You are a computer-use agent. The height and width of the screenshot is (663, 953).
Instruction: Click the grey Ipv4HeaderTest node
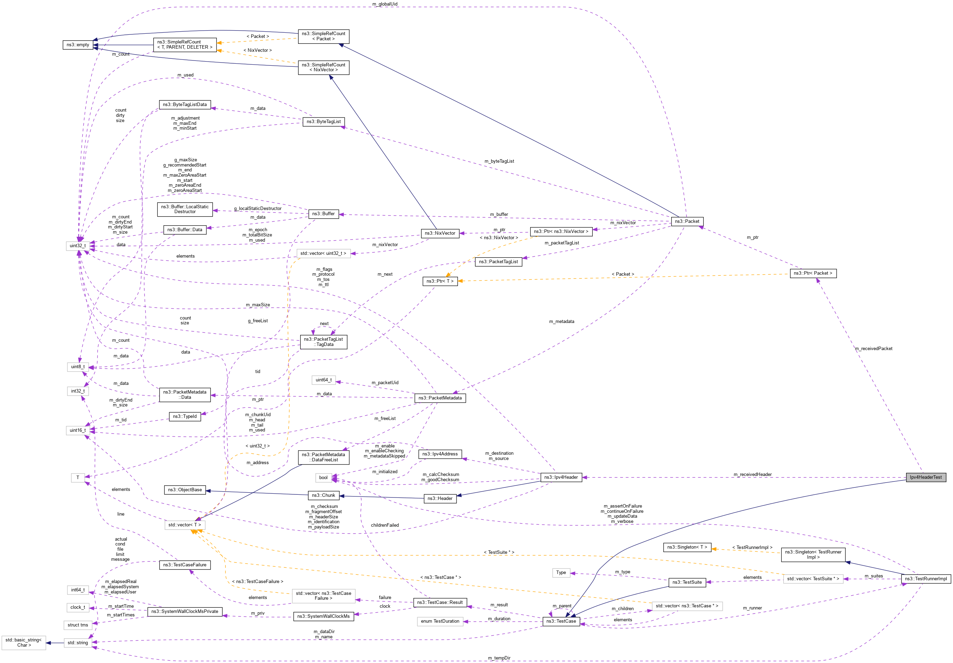pos(925,477)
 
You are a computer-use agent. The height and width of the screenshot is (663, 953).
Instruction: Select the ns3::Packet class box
pos(687,221)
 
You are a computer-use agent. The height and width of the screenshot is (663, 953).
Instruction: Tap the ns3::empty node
pos(77,45)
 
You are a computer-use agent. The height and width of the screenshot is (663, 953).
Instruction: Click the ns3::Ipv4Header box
pos(561,477)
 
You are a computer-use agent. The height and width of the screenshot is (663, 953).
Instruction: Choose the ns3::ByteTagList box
pos(323,122)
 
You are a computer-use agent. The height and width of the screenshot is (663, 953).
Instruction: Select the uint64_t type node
pos(323,380)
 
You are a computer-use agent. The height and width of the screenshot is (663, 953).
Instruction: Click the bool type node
pos(323,478)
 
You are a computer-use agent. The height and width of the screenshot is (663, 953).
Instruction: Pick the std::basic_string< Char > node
pos(24,642)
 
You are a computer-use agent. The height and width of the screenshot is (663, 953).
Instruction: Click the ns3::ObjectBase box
pos(185,490)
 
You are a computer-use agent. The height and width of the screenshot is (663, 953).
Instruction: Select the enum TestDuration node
pos(440,622)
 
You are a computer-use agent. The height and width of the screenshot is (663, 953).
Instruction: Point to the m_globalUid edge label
pos(385,4)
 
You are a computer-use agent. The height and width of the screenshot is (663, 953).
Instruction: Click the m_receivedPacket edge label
pos(873,348)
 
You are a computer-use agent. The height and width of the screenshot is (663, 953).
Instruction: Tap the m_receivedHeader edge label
pos(752,475)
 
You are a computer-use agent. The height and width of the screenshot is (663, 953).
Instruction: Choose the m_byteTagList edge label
pos(499,161)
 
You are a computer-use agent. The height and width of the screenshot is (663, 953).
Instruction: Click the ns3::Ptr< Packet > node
pos(813,273)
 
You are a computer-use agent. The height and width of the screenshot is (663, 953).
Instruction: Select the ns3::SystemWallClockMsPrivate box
pos(185,612)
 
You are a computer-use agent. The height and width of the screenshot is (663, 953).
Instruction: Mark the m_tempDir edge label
pos(499,658)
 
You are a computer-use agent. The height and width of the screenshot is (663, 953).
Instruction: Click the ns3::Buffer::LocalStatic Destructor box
pos(185,209)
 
